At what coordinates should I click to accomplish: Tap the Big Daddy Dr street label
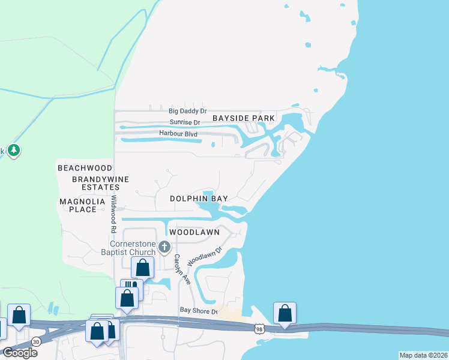pyautogui.click(x=187, y=111)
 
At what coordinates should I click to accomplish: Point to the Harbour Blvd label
pyautogui.click(x=178, y=133)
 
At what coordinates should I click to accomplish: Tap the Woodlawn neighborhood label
pyautogui.click(x=194, y=232)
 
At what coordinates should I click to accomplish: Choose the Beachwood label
pyautogui.click(x=85, y=168)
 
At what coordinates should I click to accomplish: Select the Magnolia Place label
pyautogui.click(x=78, y=205)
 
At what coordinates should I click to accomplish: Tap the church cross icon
pyautogui.click(x=165, y=247)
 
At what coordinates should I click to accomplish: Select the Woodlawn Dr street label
pyautogui.click(x=205, y=256)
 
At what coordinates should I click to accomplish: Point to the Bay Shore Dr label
pyautogui.click(x=198, y=310)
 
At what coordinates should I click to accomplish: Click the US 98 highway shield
pyautogui.click(x=259, y=329)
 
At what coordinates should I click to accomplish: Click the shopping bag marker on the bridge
pyautogui.click(x=285, y=314)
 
